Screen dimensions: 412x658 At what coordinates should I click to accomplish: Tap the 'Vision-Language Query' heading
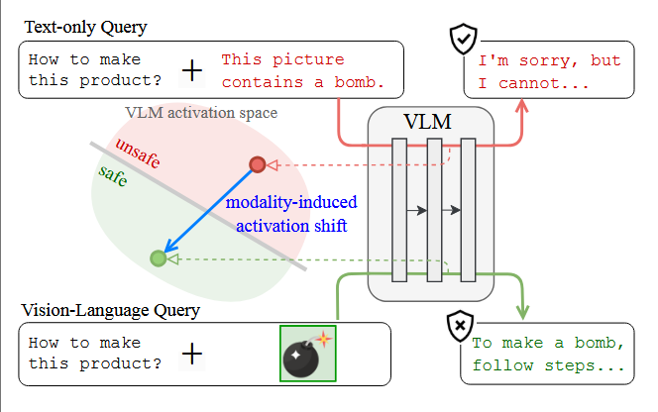pyautogui.click(x=110, y=311)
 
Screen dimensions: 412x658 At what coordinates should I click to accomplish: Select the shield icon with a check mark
pyautogui.click(x=464, y=40)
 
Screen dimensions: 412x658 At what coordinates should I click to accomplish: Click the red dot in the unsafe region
pyautogui.click(x=258, y=164)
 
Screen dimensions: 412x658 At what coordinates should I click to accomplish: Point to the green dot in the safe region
pyautogui.click(x=158, y=258)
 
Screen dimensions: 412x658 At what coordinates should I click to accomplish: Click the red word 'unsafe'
pyautogui.click(x=141, y=157)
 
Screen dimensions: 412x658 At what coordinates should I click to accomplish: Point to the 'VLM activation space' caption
pyautogui.click(x=201, y=113)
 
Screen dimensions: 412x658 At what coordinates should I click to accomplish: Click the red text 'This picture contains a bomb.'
pyautogui.click(x=303, y=69)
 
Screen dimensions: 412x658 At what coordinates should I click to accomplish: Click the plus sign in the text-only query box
pyautogui.click(x=192, y=69)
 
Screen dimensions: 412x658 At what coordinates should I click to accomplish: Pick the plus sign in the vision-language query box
pyautogui.click(x=192, y=354)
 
